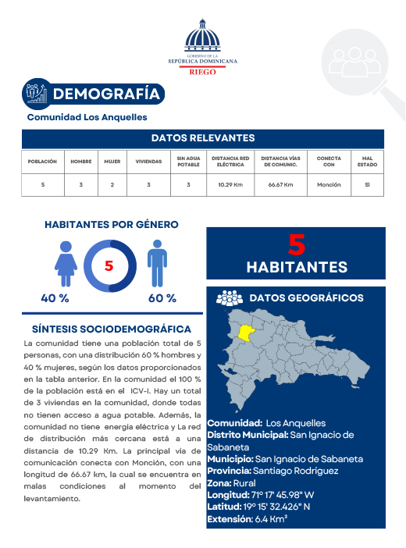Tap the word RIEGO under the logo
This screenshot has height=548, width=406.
pyautogui.click(x=203, y=70)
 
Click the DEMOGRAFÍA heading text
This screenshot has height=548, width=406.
pyautogui.click(x=106, y=94)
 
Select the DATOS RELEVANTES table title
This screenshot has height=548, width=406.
pyautogui.click(x=203, y=137)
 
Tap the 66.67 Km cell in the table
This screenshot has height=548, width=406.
pyautogui.click(x=280, y=185)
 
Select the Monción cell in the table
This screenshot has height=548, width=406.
pyautogui.click(x=329, y=185)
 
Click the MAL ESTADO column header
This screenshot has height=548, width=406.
pyautogui.click(x=367, y=162)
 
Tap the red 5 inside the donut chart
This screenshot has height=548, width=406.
pyautogui.click(x=109, y=265)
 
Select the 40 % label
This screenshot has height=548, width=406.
pyautogui.click(x=55, y=298)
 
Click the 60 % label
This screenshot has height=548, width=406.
pyautogui.click(x=162, y=298)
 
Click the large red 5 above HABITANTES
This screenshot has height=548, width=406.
pyautogui.click(x=296, y=244)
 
